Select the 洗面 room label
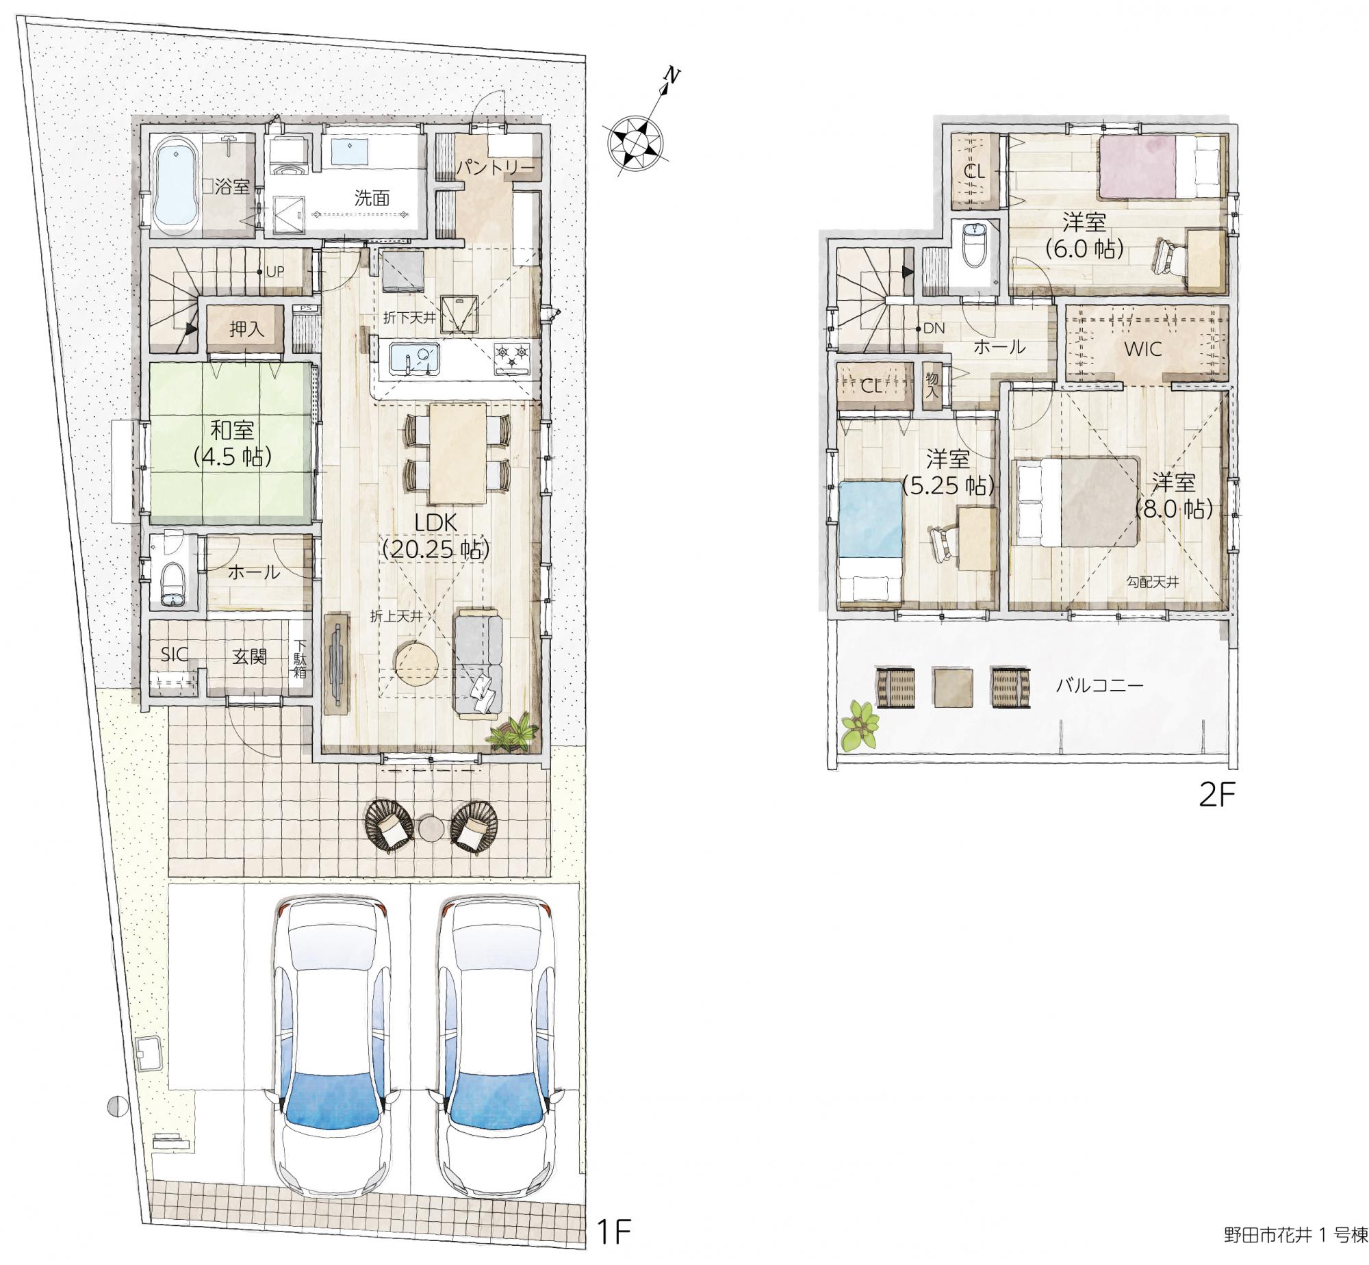coord(372,199)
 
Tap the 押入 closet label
coord(246,329)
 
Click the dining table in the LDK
coord(458,452)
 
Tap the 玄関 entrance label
coord(249,656)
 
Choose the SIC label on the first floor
coord(175,654)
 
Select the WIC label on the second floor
coord(1143,349)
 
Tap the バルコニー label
coord(1100,685)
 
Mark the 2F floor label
coord(1217,796)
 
